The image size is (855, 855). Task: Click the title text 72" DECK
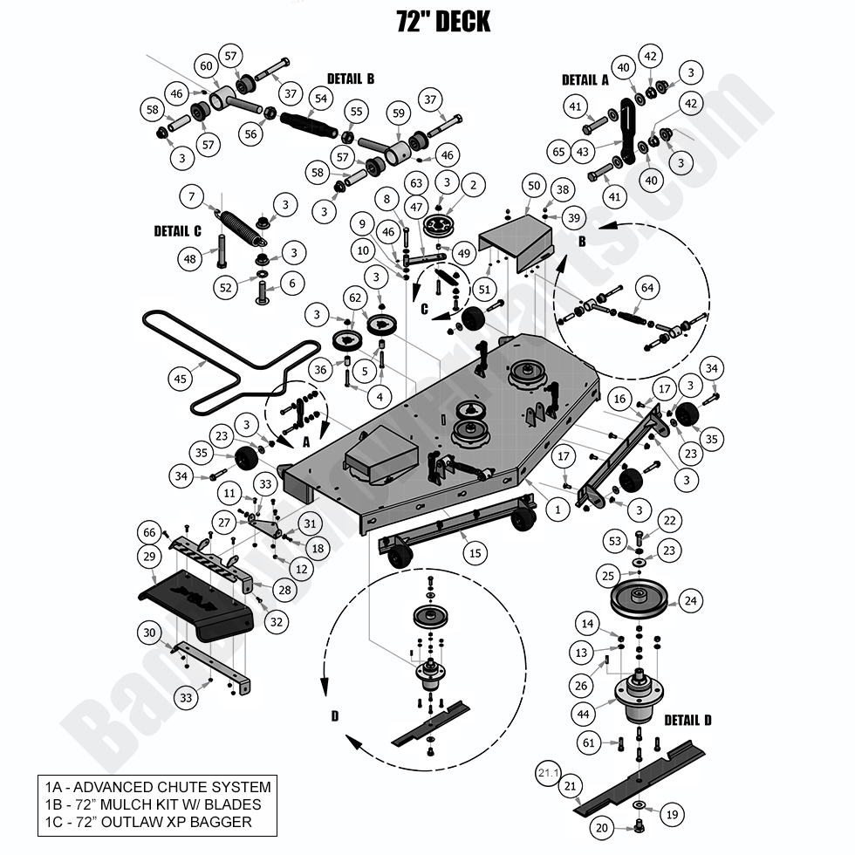point(443,21)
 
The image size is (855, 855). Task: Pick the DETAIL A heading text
point(585,79)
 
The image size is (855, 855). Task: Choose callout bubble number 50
point(534,186)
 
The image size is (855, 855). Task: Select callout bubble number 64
point(646,287)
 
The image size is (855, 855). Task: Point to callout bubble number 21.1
point(547,772)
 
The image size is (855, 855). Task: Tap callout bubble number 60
point(207,66)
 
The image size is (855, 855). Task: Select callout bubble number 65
point(559,151)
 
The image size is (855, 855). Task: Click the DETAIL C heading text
point(178,231)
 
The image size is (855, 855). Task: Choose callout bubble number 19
point(669,814)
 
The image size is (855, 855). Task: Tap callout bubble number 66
point(150,533)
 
